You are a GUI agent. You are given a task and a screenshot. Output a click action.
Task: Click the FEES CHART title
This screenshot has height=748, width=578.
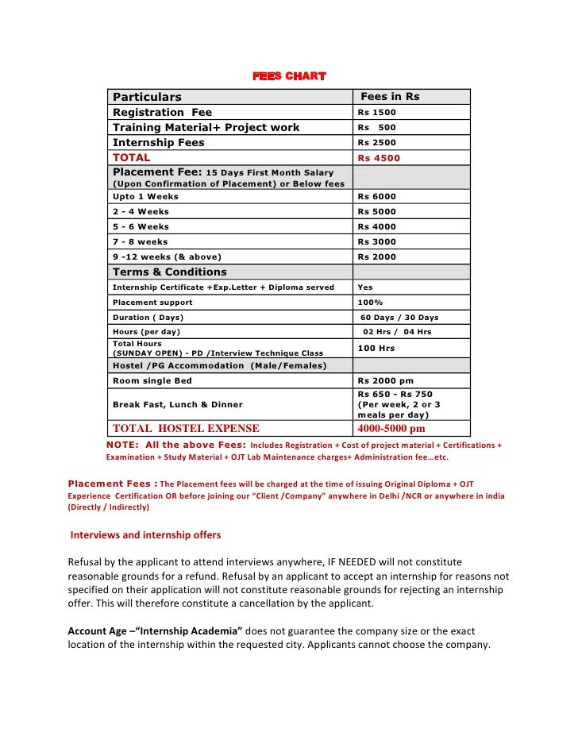(x=289, y=76)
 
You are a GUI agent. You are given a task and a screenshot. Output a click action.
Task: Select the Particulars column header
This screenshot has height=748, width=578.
(x=147, y=97)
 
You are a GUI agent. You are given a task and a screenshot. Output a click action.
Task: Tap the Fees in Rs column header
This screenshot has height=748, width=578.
(x=390, y=97)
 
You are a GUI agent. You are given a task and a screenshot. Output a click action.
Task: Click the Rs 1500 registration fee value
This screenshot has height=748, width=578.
(x=376, y=113)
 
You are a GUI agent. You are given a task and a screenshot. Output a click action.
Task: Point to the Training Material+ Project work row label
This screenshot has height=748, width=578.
(x=206, y=127)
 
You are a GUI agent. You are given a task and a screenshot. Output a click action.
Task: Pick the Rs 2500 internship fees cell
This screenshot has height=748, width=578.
(x=376, y=143)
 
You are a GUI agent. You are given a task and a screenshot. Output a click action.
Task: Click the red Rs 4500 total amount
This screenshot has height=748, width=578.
(x=379, y=158)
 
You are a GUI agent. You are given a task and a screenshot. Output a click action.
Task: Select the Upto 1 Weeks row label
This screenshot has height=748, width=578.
(x=145, y=196)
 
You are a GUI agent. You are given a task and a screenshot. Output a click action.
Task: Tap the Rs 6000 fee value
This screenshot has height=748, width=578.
(x=376, y=196)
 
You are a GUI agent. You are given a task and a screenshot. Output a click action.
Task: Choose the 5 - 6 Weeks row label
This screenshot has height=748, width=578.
(x=141, y=226)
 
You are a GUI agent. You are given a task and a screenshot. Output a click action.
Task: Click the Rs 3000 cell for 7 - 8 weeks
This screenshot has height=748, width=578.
(x=376, y=241)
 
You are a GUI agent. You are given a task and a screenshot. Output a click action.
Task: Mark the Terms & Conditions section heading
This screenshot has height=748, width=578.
(x=169, y=272)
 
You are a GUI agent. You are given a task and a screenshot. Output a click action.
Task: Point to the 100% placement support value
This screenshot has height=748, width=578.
(x=370, y=303)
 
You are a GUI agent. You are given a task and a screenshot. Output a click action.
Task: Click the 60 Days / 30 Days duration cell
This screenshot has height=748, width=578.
(x=399, y=318)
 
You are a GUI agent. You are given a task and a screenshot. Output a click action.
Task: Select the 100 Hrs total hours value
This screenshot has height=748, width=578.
(x=376, y=348)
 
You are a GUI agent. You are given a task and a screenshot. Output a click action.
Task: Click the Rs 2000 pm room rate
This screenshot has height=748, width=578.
(x=386, y=380)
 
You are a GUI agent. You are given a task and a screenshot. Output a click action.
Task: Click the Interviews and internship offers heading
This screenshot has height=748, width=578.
(x=145, y=534)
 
